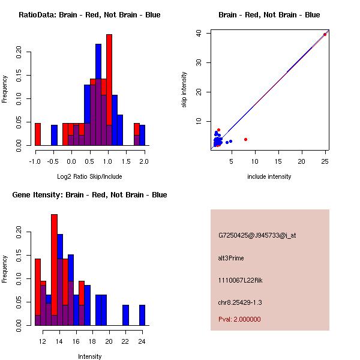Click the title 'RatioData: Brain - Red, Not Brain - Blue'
(89, 15)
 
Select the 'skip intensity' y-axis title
(185, 90)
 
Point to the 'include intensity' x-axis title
(269, 176)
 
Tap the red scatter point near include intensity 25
(325, 34)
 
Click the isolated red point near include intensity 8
(246, 139)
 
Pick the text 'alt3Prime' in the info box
(231, 258)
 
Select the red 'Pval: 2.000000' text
(239, 319)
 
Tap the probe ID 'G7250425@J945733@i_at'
(257, 235)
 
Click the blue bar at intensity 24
(142, 315)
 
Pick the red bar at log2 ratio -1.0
(38, 134)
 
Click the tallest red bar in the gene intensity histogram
(54, 270)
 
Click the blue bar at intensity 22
(125, 315)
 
